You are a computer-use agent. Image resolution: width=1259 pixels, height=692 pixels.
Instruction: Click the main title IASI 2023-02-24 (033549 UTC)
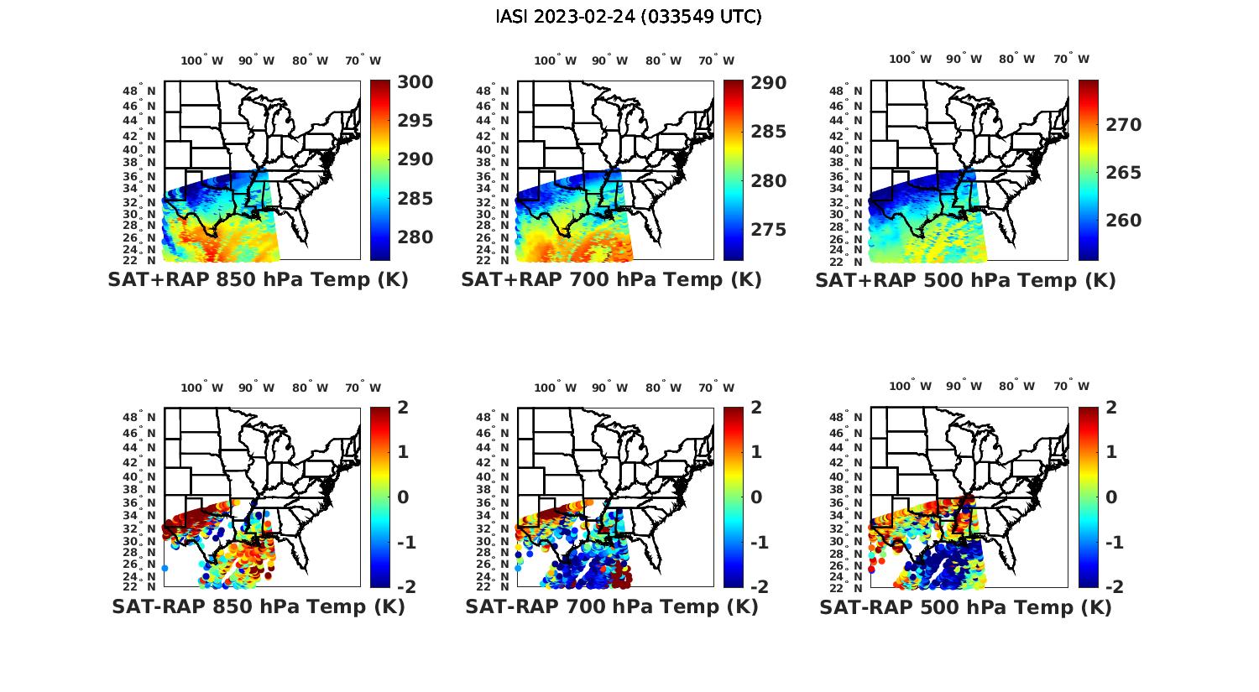click(x=629, y=17)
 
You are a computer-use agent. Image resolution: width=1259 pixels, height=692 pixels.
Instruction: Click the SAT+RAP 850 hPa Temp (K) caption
click(x=258, y=279)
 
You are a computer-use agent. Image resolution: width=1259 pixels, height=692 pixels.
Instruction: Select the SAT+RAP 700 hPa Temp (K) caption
click(x=611, y=279)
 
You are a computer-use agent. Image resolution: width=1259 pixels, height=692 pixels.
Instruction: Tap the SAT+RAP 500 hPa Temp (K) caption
click(x=965, y=280)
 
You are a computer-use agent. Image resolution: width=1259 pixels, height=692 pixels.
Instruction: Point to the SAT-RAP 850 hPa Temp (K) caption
click(x=258, y=606)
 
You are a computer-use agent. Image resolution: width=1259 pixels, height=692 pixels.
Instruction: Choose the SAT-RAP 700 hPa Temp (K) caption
click(x=611, y=606)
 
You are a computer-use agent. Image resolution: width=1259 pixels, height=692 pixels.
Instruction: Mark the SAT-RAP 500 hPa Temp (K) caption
click(x=965, y=607)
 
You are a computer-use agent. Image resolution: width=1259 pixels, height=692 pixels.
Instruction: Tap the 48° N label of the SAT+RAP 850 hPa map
click(x=139, y=91)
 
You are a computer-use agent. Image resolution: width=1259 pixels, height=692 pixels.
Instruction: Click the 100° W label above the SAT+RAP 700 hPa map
click(x=555, y=60)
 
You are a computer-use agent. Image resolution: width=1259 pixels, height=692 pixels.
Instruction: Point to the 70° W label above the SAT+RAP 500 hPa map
click(x=1071, y=59)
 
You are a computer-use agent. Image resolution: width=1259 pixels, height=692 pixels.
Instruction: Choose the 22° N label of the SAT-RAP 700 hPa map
click(x=493, y=586)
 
